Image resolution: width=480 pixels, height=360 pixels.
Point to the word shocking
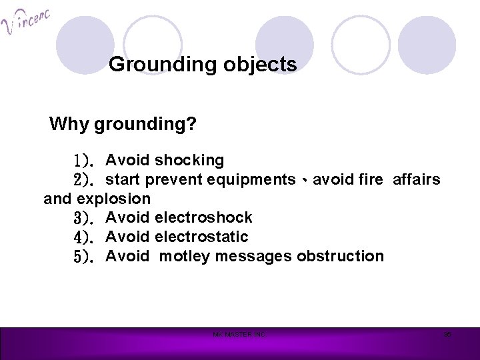click(189, 160)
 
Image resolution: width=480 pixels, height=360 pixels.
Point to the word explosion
click(115, 199)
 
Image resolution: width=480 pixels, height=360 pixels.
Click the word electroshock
click(203, 217)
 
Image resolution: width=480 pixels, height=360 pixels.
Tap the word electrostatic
click(201, 237)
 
